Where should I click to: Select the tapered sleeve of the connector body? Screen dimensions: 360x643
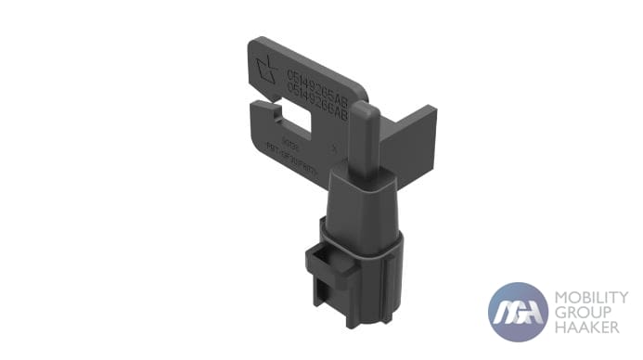tap(365, 200)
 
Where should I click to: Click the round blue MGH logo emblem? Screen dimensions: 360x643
tap(518, 312)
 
